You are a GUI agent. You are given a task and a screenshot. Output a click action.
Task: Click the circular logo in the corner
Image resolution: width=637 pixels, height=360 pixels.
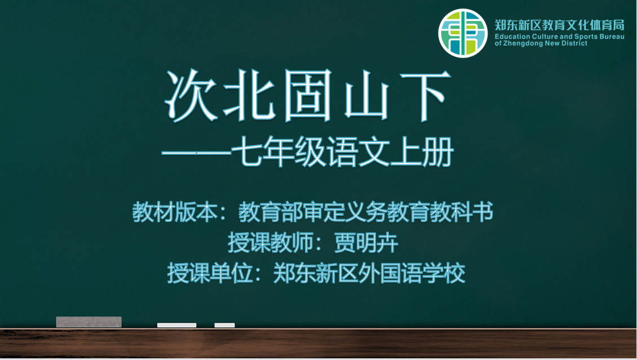(463, 33)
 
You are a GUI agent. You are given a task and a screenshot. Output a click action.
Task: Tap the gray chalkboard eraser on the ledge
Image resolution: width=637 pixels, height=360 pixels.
(89, 322)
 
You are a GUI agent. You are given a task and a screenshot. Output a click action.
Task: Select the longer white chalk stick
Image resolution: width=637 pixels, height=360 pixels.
(176, 325)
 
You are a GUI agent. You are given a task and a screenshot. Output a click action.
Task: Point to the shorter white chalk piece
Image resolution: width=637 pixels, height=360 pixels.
(225, 325)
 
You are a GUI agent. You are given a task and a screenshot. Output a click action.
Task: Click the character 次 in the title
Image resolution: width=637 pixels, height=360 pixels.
(191, 96)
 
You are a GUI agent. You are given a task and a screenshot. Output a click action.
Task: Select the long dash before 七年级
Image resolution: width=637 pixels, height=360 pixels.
(197, 153)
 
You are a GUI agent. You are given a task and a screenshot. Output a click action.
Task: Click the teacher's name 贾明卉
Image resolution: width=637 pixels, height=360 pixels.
(366, 243)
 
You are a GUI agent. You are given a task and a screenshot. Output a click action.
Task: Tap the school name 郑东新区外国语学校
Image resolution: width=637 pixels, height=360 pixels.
(369, 273)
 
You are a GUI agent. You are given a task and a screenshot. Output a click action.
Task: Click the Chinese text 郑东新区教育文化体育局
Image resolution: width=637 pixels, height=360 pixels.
(559, 25)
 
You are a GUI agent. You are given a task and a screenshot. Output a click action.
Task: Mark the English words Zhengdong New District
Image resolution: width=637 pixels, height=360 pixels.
(545, 43)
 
